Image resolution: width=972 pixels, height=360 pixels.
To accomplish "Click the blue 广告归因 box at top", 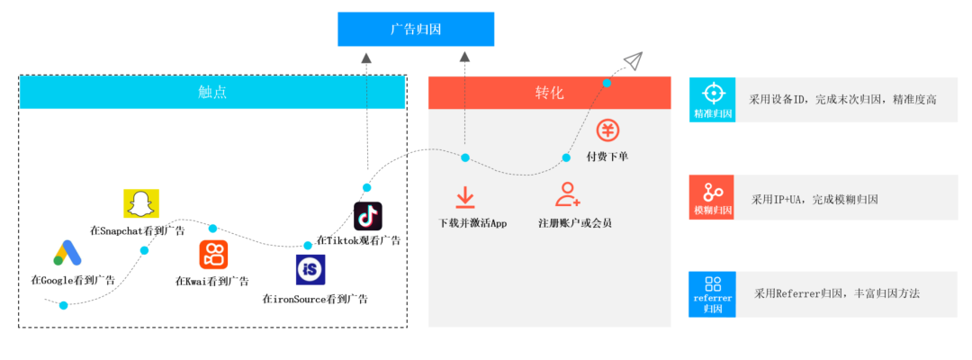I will coord(416,29).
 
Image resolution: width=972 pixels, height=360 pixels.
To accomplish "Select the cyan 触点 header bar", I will coord(212,93).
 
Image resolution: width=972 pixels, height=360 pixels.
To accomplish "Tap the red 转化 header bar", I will coord(549,93).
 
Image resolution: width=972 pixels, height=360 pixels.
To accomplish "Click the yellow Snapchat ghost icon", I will coord(140,204).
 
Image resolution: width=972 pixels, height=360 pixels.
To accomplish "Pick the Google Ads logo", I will coord(67,255).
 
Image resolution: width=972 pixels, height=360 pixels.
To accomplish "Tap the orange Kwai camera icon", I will coord(214,255).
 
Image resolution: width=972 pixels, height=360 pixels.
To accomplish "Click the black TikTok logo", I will coord(368,217).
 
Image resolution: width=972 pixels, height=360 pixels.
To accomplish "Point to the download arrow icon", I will coord(465,196).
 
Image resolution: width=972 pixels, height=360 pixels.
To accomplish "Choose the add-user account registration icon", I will coord(568,194).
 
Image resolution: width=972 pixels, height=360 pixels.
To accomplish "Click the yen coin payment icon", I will coord(608,130).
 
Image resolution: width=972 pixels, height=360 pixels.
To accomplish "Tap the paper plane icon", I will coord(633,61).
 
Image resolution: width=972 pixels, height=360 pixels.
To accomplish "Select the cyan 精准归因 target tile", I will coord(712,100).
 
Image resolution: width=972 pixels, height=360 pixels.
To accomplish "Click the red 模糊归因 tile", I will coord(712,198).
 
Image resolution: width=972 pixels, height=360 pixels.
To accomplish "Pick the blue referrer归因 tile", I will coord(712,294).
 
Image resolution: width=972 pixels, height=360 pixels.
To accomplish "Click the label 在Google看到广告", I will coord(73,281).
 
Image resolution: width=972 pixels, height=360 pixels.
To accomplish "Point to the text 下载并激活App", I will coord(472,223).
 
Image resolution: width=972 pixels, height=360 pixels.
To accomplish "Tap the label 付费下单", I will coord(607,157).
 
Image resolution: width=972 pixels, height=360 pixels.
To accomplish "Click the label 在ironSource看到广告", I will coord(315,299).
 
